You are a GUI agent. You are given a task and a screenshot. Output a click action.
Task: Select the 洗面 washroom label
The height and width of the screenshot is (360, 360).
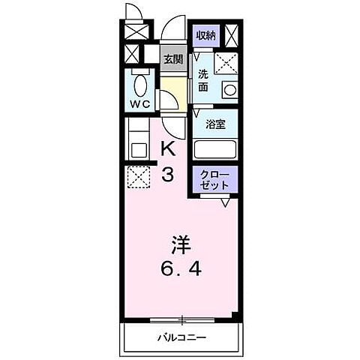(203, 81)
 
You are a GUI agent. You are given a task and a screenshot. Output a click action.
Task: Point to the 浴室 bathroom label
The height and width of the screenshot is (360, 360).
(215, 124)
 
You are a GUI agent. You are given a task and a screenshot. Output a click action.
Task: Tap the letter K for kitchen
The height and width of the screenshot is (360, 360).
(168, 148)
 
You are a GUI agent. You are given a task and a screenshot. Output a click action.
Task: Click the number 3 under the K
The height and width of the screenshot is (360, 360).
(168, 175)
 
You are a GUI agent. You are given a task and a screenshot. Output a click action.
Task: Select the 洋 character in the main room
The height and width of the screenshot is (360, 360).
(180, 244)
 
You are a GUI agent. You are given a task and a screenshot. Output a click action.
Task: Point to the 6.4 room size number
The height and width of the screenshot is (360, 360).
(181, 268)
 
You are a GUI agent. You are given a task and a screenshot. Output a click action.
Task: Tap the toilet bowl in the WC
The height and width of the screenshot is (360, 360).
(139, 82)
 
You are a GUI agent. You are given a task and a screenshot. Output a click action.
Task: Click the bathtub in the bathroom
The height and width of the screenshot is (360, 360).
(215, 148)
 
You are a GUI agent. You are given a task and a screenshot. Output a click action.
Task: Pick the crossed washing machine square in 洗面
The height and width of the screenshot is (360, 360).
(225, 63)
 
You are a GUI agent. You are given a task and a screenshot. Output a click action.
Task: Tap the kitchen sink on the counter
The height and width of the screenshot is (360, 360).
(138, 149)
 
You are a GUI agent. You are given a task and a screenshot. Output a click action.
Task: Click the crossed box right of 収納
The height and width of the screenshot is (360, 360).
(232, 35)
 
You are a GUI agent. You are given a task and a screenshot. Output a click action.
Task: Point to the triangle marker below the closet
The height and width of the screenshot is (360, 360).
(225, 202)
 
